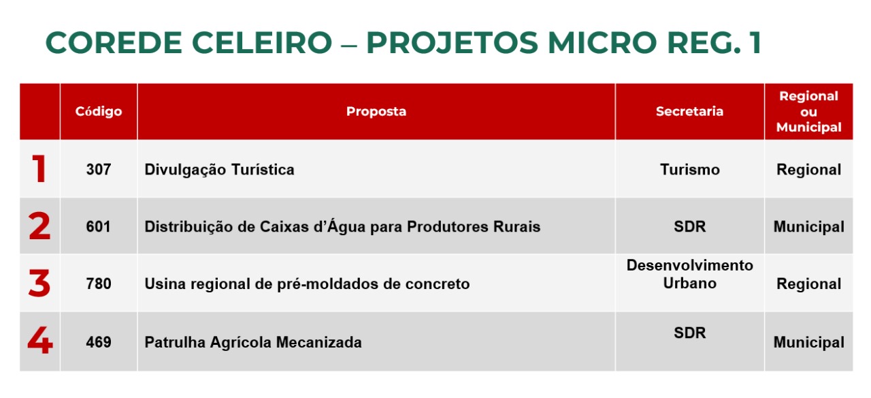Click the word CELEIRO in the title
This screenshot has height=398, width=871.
point(262,42)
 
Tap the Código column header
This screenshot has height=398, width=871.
point(99,111)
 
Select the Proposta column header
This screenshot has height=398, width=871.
point(376,111)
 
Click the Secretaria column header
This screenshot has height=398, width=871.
point(689,111)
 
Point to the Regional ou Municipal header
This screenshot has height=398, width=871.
point(809,111)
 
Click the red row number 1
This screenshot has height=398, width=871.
point(39,168)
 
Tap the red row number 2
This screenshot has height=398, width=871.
point(39,226)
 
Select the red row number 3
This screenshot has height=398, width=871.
point(39,283)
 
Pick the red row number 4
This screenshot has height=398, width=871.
point(40,340)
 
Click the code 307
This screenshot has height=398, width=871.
point(99,170)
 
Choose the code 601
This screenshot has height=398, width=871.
point(99,227)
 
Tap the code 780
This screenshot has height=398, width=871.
point(99,284)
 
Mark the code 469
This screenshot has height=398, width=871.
point(99,342)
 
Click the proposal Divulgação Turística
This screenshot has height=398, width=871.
point(219,170)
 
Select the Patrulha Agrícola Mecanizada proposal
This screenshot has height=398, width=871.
point(253,342)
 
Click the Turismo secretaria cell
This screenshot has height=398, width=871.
point(690,170)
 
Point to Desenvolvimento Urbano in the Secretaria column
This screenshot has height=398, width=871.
point(690,274)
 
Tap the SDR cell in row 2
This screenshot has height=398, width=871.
point(690,226)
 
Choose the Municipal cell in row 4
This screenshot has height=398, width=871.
point(809,342)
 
